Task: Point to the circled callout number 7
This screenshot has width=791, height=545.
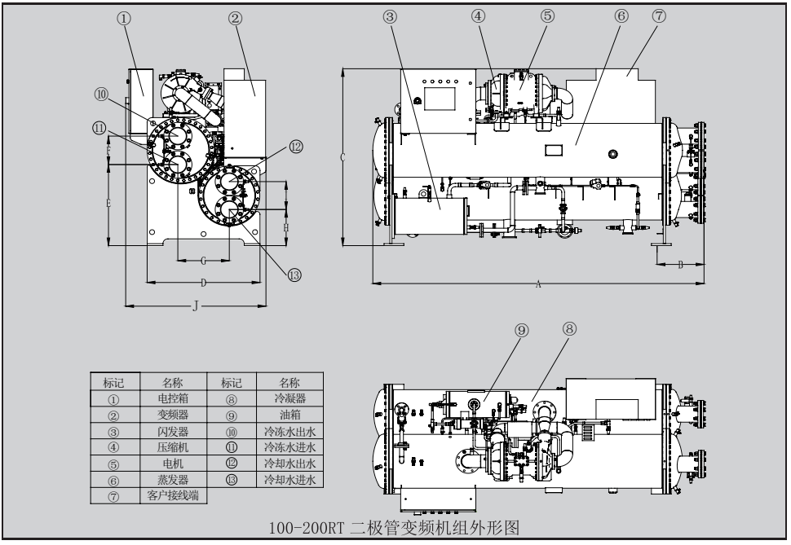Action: coord(659,18)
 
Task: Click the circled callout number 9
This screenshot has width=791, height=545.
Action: coord(522,329)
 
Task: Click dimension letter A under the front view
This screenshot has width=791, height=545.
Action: coord(539,284)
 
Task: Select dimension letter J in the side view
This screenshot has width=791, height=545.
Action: coord(194,306)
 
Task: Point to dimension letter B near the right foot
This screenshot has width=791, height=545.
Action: coord(680,265)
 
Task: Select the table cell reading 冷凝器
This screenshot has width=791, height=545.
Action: coord(289,399)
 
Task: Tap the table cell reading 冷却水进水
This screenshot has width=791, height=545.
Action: coord(289,480)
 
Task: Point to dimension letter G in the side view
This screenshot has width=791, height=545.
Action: coord(203,261)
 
